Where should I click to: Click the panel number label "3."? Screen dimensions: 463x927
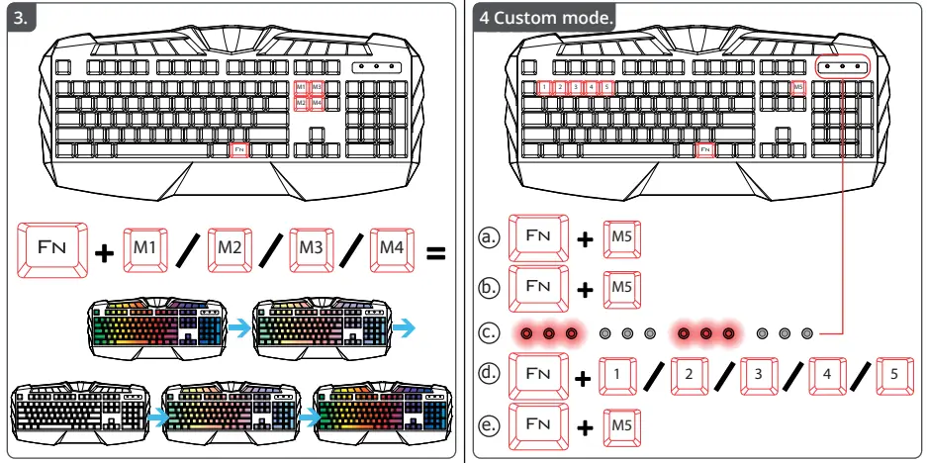coord(21,17)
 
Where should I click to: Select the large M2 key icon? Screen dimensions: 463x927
coord(230,252)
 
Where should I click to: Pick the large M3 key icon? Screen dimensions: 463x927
coord(312,252)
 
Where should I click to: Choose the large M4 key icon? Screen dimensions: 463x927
coord(393,252)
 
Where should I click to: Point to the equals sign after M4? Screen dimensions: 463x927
coord(435,253)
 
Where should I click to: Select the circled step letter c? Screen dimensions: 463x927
coord(487,333)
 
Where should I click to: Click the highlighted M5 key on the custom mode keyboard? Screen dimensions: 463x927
coord(798,87)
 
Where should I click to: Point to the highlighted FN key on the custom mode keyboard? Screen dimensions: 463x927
coord(704,149)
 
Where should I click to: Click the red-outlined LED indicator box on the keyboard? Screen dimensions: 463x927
coord(843,65)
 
